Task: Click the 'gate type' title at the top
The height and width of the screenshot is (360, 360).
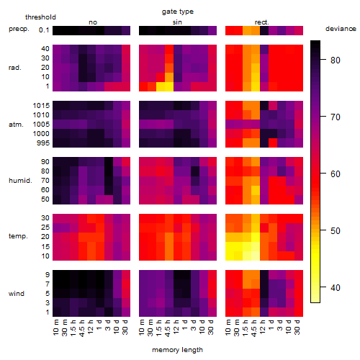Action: coord(178,12)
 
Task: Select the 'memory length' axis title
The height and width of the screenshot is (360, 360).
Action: coord(178,350)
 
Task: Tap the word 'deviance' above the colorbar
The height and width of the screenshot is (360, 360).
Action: coord(341,29)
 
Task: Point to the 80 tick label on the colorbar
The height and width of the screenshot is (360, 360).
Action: coord(336,60)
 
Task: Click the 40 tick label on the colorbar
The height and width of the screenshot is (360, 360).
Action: coord(336,287)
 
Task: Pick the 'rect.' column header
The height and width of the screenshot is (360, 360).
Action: coord(262,22)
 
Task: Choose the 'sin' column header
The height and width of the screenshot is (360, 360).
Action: coord(177,22)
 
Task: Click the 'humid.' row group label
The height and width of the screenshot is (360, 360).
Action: coord(20,181)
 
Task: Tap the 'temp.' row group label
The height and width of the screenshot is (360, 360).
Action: coord(18,236)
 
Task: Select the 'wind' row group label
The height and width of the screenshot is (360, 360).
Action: coord(17,294)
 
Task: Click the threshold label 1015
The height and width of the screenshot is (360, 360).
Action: coord(41,106)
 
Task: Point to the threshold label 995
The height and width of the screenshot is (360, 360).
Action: coord(43,143)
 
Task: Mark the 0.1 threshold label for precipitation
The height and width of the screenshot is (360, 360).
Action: coord(44,30)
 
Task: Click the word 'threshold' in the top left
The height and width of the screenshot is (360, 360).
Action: coord(40,17)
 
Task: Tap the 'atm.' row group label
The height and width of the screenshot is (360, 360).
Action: coord(16,125)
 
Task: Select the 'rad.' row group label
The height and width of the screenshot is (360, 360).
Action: coord(15,68)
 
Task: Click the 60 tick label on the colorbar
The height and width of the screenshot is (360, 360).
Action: coord(336,174)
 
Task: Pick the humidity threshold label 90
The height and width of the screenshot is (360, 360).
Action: coord(45,162)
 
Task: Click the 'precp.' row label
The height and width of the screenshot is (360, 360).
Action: coord(19,30)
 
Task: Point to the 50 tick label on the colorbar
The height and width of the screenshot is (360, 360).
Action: coord(336,231)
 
